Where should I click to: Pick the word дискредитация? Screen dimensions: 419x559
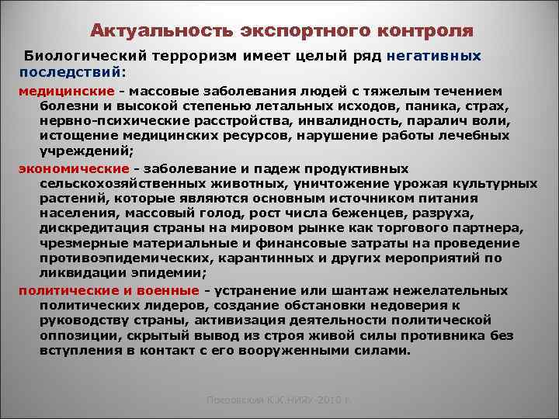tap(92, 227)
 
